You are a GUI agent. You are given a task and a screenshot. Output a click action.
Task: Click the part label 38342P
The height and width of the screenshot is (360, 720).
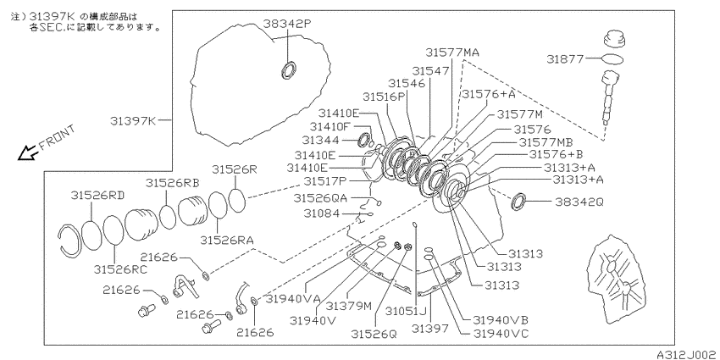pyautogui.click(x=287, y=23)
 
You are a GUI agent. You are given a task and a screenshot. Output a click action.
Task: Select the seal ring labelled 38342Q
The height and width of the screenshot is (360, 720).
pyautogui.click(x=518, y=201)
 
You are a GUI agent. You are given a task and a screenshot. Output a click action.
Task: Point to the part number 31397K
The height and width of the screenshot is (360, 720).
pyautogui.click(x=134, y=121)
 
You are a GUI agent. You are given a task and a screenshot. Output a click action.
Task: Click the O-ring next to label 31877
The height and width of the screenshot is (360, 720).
pyautogui.click(x=612, y=59)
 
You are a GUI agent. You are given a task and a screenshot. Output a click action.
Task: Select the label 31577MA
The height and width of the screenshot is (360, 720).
pyautogui.click(x=452, y=52)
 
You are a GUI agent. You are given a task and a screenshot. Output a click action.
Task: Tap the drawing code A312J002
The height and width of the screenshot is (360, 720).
pyautogui.click(x=686, y=355)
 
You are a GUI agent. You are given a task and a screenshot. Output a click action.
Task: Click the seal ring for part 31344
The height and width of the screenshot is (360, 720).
pyautogui.click(x=363, y=140)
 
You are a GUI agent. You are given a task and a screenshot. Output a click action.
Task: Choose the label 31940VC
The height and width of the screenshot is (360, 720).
pyautogui.click(x=501, y=334)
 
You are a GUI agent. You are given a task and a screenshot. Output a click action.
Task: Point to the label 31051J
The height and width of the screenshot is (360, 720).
pyautogui.click(x=407, y=312)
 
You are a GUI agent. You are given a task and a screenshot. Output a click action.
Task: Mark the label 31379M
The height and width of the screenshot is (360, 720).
pyautogui.click(x=348, y=305)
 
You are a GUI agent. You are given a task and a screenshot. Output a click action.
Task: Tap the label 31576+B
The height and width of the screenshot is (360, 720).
pyautogui.click(x=556, y=154)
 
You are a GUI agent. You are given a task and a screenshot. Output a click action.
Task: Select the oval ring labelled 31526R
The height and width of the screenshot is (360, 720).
pyautogui.click(x=237, y=200)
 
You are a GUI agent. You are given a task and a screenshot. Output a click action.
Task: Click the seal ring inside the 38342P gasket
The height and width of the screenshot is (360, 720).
pyautogui.click(x=288, y=69)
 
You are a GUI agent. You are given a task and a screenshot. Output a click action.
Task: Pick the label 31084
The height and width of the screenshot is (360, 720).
pyautogui.click(x=324, y=213)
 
